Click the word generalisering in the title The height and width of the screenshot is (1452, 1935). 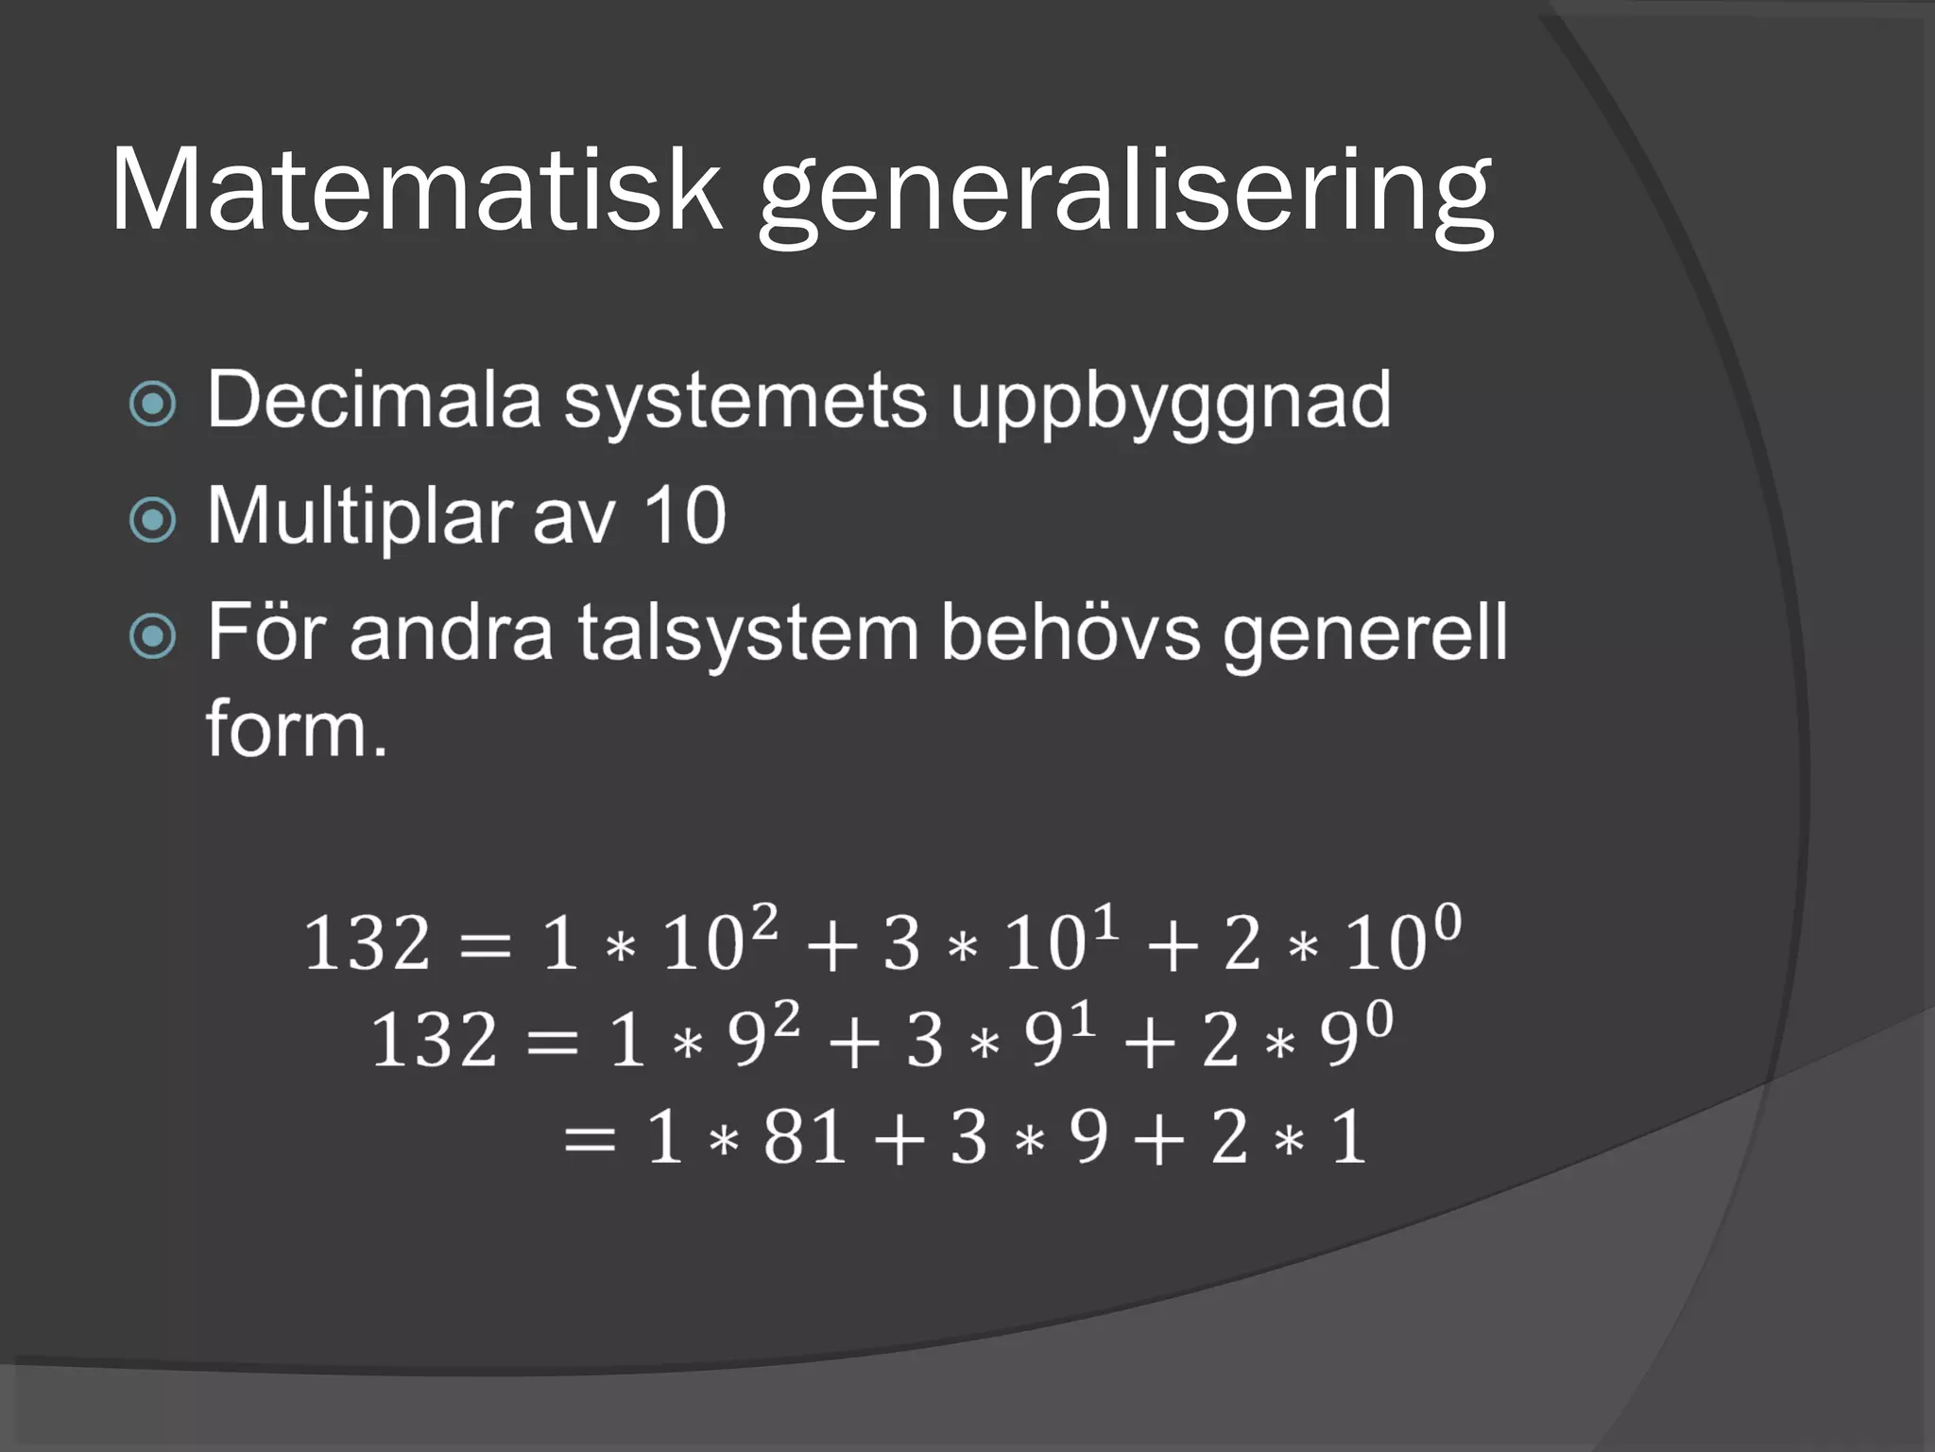[x=1124, y=194]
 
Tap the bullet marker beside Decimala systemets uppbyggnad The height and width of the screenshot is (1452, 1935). [x=152, y=404]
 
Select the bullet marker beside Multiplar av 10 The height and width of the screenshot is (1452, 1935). [x=152, y=520]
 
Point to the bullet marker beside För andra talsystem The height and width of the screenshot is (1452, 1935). [x=152, y=636]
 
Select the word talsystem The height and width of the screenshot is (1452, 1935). [x=747, y=633]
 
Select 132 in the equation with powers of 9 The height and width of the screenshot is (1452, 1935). [x=434, y=1041]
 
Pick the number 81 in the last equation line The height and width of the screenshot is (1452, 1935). [x=804, y=1137]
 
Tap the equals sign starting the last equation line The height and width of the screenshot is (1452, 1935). [x=590, y=1138]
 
